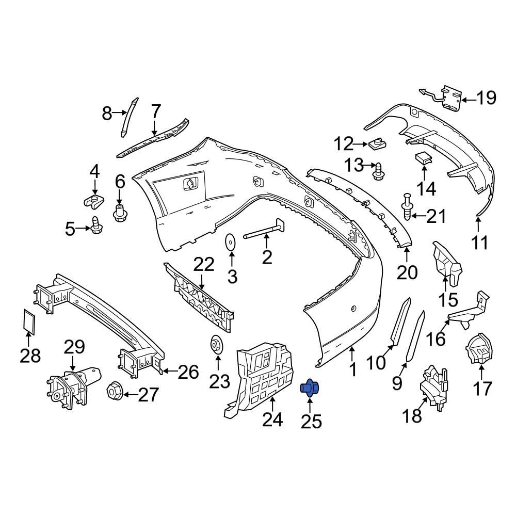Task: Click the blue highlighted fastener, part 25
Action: (309, 387)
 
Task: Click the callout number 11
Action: (480, 241)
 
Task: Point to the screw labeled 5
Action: (96, 225)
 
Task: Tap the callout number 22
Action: (203, 265)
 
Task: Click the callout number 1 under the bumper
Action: (353, 369)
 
